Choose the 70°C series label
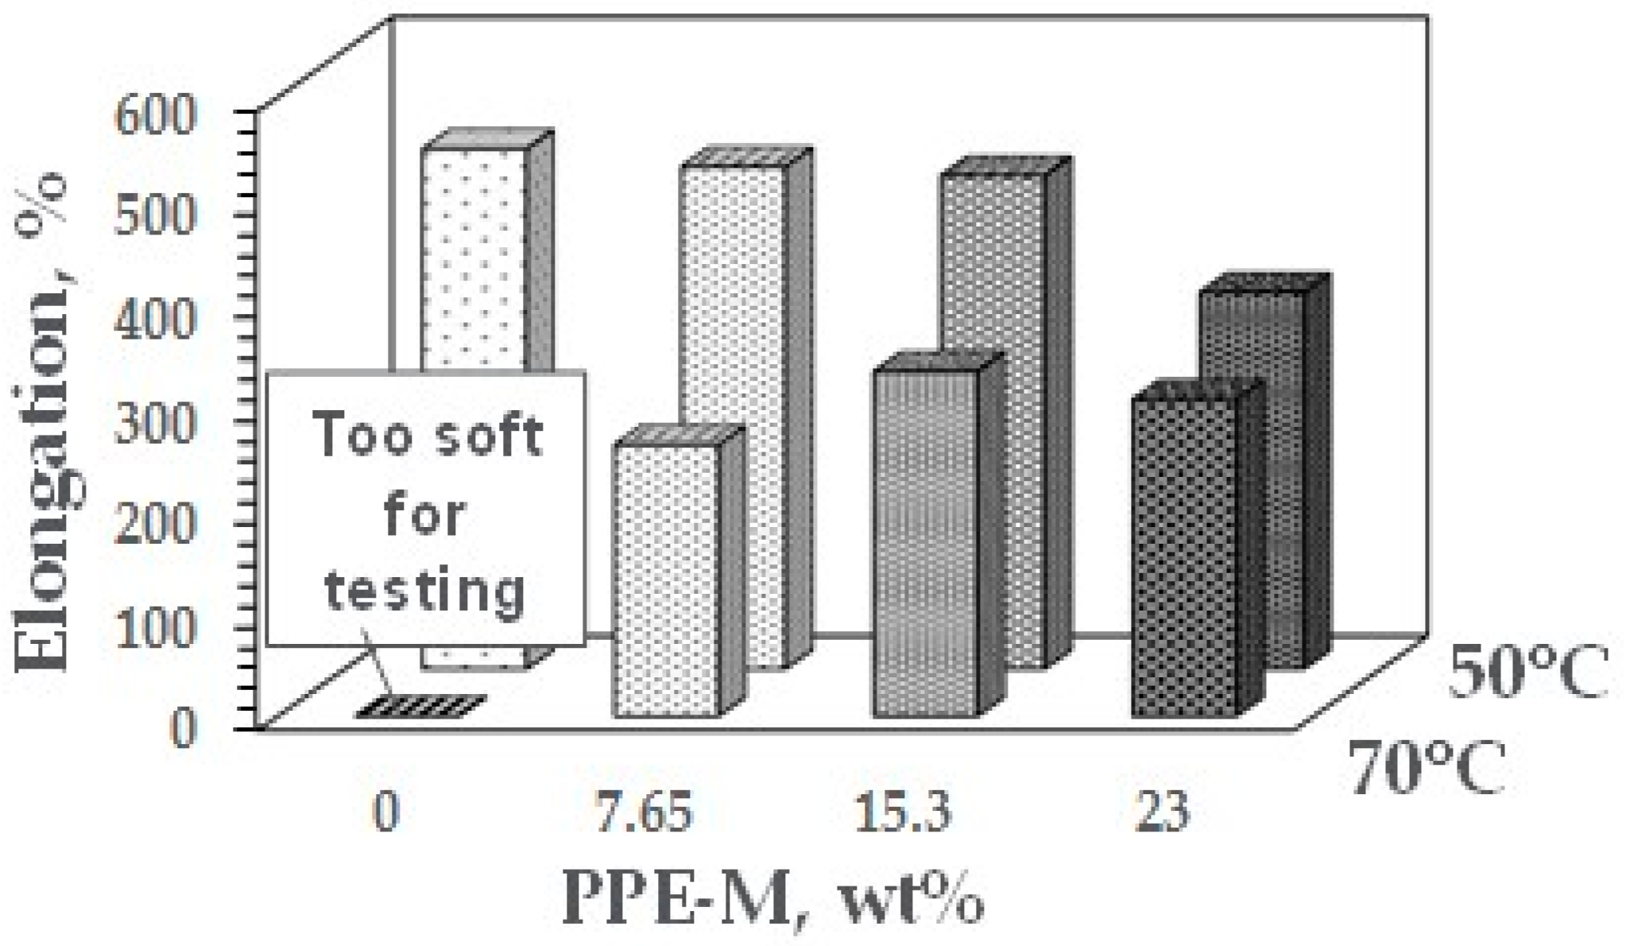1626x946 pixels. [1427, 767]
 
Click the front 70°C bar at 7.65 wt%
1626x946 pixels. [666, 580]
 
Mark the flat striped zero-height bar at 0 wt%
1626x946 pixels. [420, 708]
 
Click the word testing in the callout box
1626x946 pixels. [425, 592]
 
